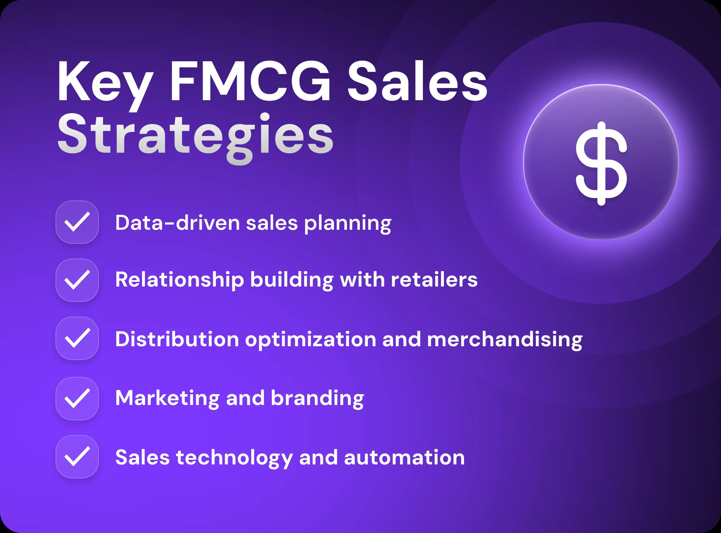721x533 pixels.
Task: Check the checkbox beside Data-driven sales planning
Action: click(77, 222)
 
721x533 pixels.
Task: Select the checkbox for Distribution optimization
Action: click(77, 338)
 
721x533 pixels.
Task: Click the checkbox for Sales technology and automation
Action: click(77, 457)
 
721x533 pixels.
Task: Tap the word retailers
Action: click(434, 279)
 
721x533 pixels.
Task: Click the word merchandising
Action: click(505, 340)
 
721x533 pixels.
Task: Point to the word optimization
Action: click(310, 340)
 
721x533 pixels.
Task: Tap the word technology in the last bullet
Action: click(234, 458)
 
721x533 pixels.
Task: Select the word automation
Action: click(404, 458)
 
